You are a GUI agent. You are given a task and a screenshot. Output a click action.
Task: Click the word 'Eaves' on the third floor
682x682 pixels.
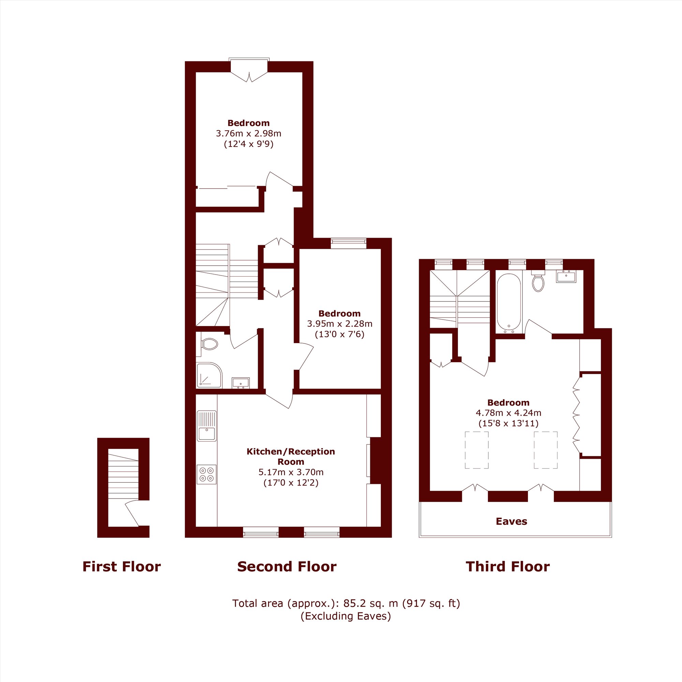511,521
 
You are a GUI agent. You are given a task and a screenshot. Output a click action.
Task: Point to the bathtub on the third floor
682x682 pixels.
509,303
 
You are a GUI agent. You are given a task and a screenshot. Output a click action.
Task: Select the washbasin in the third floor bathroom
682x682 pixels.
566,277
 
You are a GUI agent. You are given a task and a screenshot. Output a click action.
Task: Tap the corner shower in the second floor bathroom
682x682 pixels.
209,375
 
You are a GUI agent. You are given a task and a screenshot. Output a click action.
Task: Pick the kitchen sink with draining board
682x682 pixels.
207,426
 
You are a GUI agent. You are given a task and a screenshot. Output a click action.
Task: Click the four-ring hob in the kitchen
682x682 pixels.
207,474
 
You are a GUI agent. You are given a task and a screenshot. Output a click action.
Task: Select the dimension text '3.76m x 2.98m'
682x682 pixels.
249,133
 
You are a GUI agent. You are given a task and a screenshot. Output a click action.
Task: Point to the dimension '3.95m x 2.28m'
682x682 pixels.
340,324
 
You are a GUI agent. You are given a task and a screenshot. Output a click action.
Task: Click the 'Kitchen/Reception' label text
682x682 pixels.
291,451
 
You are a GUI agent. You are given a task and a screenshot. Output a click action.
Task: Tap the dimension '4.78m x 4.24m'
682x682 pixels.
508,413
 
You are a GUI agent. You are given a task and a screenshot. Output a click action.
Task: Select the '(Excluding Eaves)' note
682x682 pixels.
345,616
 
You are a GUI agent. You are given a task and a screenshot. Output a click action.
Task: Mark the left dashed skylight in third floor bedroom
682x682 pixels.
477,450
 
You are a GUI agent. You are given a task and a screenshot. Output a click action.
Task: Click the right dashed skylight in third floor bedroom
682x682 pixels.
545,450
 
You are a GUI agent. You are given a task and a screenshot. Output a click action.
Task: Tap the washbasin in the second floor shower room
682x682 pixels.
240,383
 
